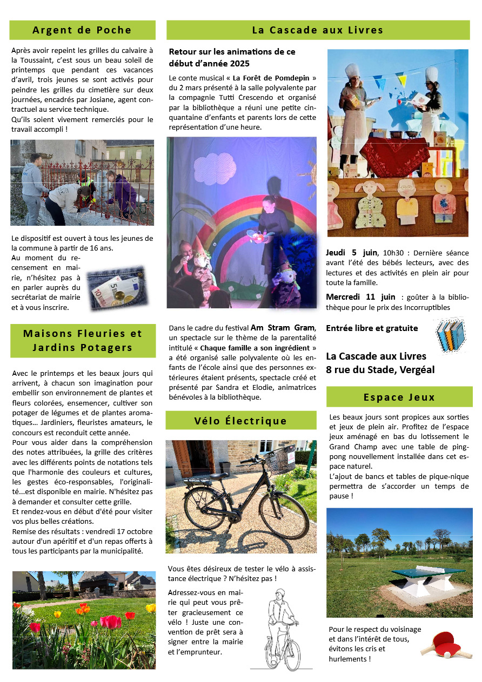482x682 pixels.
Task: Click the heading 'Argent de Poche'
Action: pyautogui.click(x=82, y=30)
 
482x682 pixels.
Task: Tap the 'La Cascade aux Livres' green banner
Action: pyautogui.click(x=318, y=30)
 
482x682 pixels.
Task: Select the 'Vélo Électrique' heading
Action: pyautogui.click(x=240, y=421)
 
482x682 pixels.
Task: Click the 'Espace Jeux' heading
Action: pyautogui.click(x=399, y=397)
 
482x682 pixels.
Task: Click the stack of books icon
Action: pyautogui.click(x=450, y=335)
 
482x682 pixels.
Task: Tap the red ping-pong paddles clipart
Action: pyautogui.click(x=437, y=644)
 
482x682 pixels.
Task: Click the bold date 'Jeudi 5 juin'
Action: pyautogui.click(x=351, y=253)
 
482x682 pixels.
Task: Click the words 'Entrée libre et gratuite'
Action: pyautogui.click(x=372, y=328)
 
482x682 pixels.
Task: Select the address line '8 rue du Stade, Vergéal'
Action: pyautogui.click(x=380, y=370)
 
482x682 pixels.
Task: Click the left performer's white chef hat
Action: pyautogui.click(x=352, y=71)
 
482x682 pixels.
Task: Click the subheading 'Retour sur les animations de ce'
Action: pyautogui.click(x=232, y=52)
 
